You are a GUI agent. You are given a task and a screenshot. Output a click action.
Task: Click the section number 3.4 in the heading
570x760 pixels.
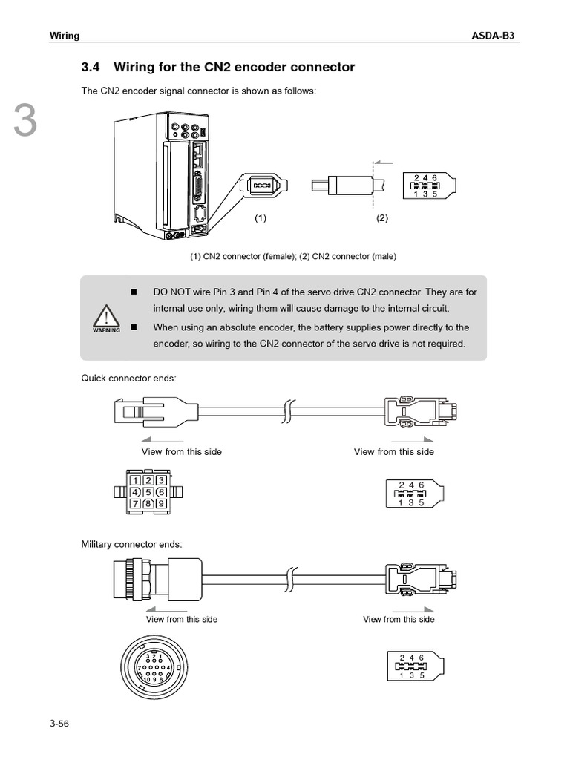90,68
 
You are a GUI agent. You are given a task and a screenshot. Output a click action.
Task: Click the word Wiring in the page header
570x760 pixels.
65,35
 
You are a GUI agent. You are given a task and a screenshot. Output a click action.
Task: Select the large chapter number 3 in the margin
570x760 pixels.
24,122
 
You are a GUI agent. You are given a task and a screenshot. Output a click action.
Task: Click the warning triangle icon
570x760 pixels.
106,320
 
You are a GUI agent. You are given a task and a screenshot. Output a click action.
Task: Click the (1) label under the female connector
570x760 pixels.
261,218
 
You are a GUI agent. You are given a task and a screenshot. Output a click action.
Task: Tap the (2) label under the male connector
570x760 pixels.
382,218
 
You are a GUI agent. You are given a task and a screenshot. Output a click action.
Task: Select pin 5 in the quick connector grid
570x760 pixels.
148,492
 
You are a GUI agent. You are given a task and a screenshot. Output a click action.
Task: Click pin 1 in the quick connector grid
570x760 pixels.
136,480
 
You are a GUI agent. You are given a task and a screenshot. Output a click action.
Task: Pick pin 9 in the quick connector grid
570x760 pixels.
160,504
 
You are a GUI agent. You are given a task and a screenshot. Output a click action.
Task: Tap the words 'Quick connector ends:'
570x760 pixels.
128,378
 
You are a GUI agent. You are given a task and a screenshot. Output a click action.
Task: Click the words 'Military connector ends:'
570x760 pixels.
131,544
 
